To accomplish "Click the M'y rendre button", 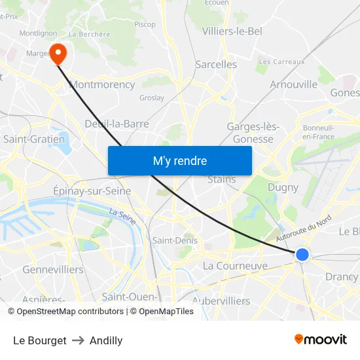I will (179, 160).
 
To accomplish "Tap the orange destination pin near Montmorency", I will (58, 53).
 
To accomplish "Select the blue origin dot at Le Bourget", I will (302, 255).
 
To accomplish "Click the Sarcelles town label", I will (216, 64).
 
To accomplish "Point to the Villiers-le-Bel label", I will (232, 31).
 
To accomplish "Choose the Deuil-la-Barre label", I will (117, 123).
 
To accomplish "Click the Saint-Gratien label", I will (34, 139).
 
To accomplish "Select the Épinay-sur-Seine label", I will (92, 191).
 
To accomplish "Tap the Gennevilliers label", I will (53, 270).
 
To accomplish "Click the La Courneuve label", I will (235, 266).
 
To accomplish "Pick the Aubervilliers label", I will (222, 301).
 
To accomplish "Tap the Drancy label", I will (341, 277).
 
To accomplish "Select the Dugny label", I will (283, 187).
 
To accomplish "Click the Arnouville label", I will (293, 84).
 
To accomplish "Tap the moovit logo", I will (320, 339).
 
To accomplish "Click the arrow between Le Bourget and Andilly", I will (78, 340).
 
